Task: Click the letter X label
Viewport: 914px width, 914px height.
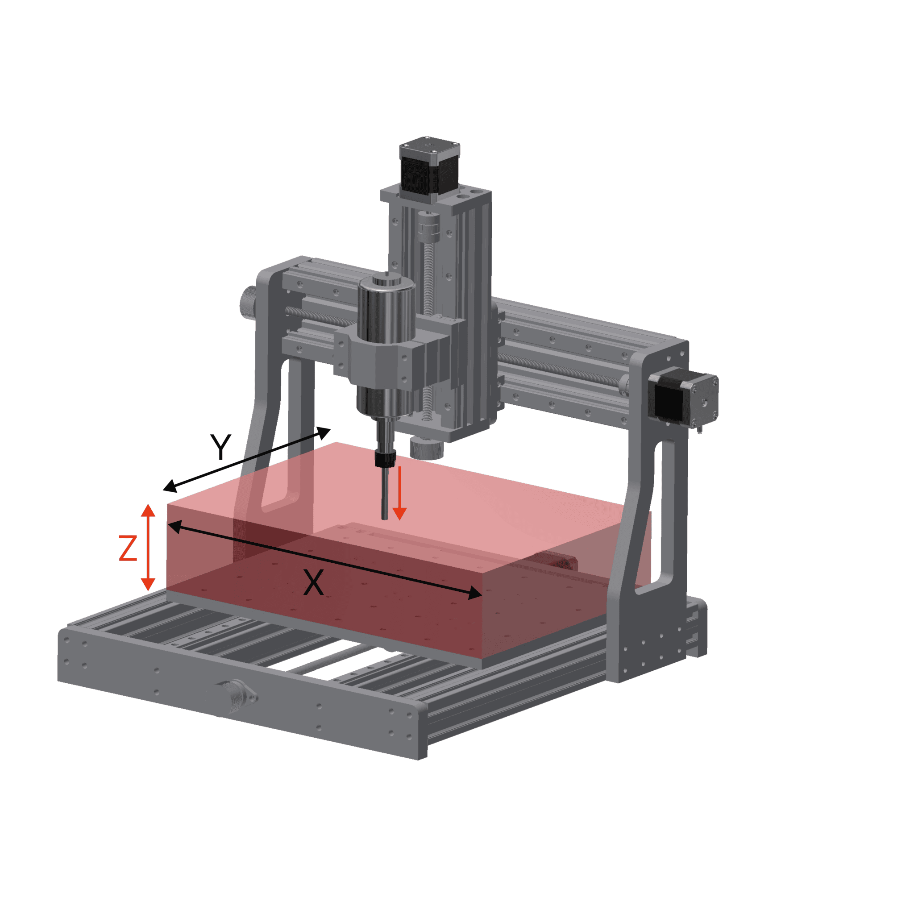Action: click(313, 583)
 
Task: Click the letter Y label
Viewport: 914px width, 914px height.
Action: click(220, 447)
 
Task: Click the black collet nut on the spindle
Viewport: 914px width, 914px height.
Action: click(385, 458)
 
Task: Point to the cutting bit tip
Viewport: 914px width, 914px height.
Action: click(385, 517)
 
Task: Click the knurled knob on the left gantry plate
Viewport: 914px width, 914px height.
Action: click(248, 304)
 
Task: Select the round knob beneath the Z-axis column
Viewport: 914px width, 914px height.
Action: click(427, 448)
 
